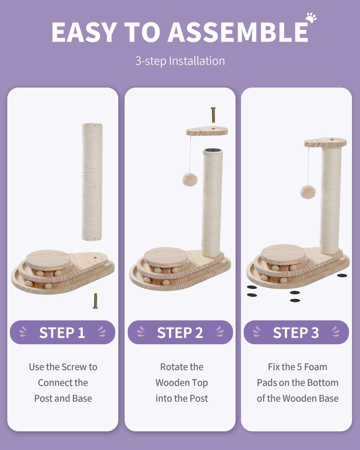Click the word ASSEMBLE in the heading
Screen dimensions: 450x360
click(x=238, y=33)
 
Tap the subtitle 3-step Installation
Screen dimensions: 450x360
click(x=180, y=61)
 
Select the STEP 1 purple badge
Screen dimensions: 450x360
click(x=62, y=332)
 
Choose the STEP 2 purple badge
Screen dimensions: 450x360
click(x=180, y=332)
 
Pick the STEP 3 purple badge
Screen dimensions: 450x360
click(x=296, y=332)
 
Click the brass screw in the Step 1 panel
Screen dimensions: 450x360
click(x=95, y=301)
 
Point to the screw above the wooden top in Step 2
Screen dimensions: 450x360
click(x=213, y=115)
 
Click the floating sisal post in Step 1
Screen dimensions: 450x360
click(x=92, y=182)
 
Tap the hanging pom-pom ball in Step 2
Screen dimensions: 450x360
click(x=189, y=179)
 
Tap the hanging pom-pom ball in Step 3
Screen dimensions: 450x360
click(x=308, y=192)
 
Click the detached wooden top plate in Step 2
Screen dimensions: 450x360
click(x=207, y=131)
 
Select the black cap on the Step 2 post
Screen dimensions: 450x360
click(x=212, y=150)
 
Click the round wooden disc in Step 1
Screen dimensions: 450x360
click(x=48, y=260)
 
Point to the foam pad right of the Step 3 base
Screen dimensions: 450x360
click(x=342, y=275)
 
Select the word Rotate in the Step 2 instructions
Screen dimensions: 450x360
click(x=171, y=367)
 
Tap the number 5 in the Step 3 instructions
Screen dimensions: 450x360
click(x=299, y=367)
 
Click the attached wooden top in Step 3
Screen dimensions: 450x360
click(x=325, y=143)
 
